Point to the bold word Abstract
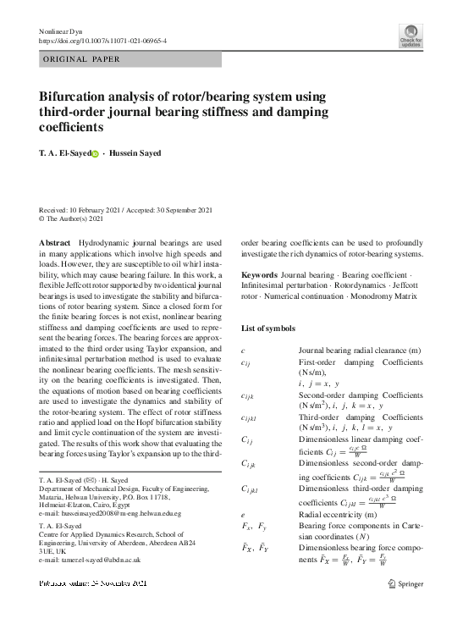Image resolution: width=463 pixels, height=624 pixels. click(55, 243)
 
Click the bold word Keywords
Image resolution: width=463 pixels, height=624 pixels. click(260, 276)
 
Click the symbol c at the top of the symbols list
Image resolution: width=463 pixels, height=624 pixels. click(244, 350)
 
